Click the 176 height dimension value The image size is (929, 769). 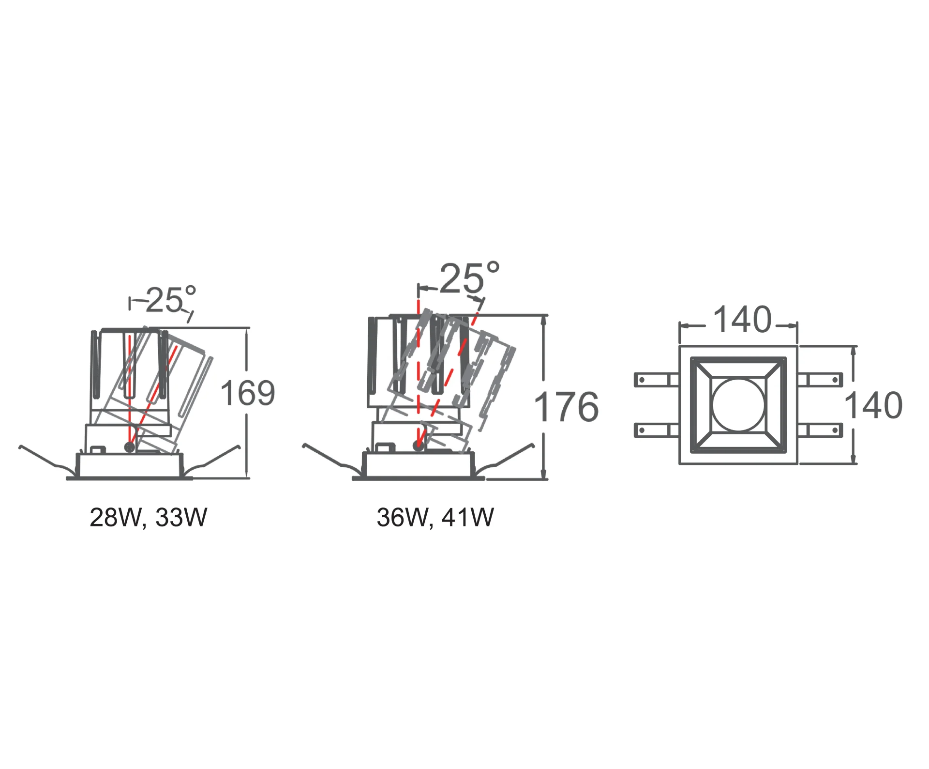pos(566,406)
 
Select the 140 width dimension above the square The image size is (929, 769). pos(743,320)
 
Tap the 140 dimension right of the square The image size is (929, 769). pos(874,405)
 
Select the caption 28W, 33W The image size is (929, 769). pos(149,518)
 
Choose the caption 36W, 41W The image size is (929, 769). pos(435,518)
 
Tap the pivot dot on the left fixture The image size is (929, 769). pos(130,447)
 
